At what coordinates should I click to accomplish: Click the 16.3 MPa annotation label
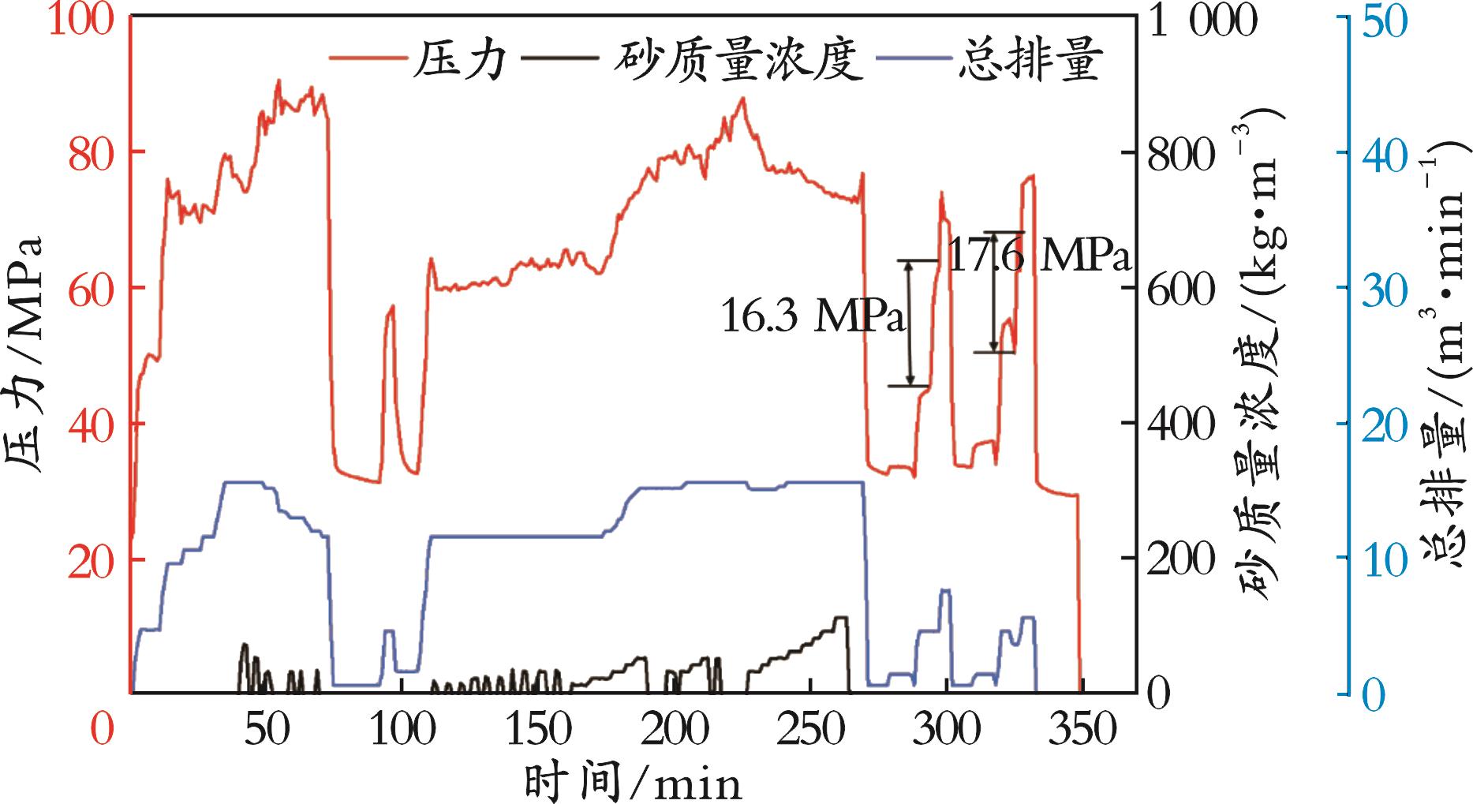click(813, 317)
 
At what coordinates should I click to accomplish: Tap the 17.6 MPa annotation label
click(1038, 255)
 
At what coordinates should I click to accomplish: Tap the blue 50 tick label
click(1381, 21)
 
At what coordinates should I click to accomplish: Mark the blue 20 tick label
click(1381, 424)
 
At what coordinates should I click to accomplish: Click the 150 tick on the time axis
click(539, 730)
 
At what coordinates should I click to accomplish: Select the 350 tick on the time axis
click(1082, 730)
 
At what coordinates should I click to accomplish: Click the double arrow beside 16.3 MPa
click(910, 323)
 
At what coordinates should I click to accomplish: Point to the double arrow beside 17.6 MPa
click(993, 292)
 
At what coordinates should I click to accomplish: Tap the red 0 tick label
click(101, 730)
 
